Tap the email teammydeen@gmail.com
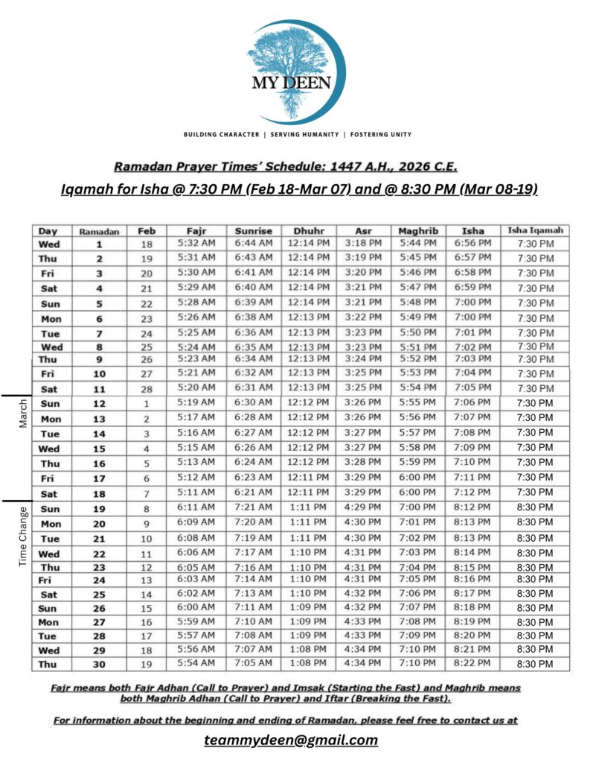290,740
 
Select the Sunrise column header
254,231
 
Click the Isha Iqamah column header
535,230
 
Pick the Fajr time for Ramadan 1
196,244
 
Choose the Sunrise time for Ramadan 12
254,403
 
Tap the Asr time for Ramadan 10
363,373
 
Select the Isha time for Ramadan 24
473,579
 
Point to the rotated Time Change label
22,536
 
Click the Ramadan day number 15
99,449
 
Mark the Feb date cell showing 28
147,389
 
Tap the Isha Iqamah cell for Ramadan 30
535,664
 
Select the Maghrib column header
418,231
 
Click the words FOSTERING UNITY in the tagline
379,135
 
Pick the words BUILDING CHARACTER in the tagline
222,135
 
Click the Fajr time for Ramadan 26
196,607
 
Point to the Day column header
48,231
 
